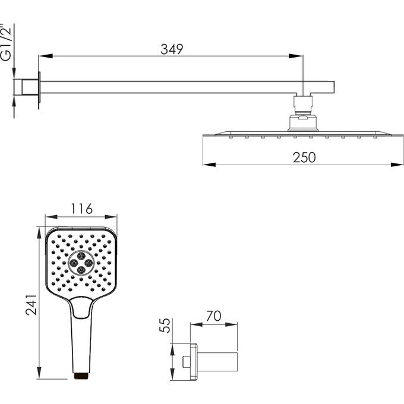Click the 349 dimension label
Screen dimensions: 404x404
pos(172,49)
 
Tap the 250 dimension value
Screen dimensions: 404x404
pos(304,157)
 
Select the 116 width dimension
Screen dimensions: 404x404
pos(81,209)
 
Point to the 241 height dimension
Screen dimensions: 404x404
pos(31,305)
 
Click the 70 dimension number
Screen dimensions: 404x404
pos(214,316)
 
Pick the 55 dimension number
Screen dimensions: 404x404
pos(165,325)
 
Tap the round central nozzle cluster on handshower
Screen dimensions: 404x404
pos(81,263)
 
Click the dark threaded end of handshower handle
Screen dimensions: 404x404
pos(82,375)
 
